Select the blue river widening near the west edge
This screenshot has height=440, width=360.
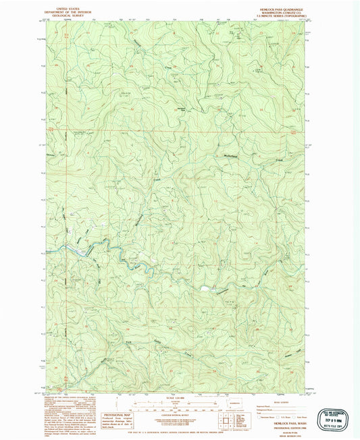click(x=81, y=252)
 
